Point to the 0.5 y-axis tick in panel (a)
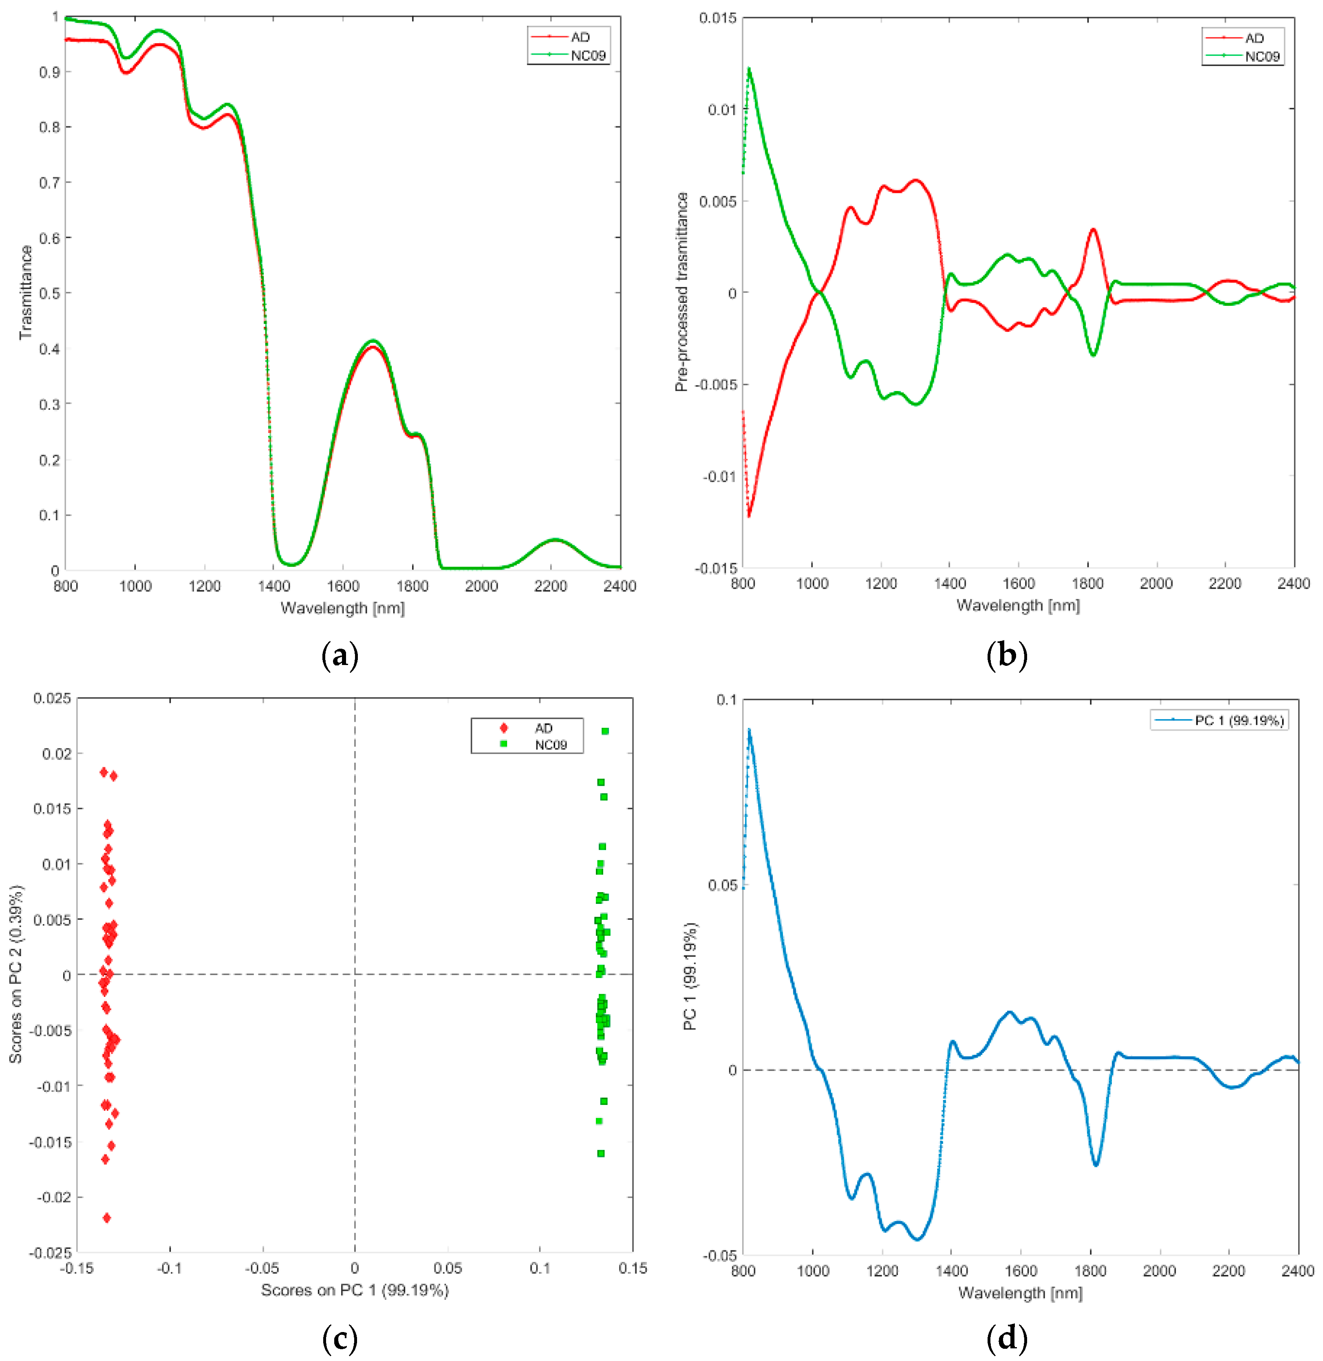point(49,293)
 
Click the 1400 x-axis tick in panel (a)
point(274,586)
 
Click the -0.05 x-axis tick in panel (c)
point(262,1268)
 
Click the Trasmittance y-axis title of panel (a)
point(26,293)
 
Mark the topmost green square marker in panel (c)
point(605,731)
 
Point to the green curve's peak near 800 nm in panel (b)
point(749,69)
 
